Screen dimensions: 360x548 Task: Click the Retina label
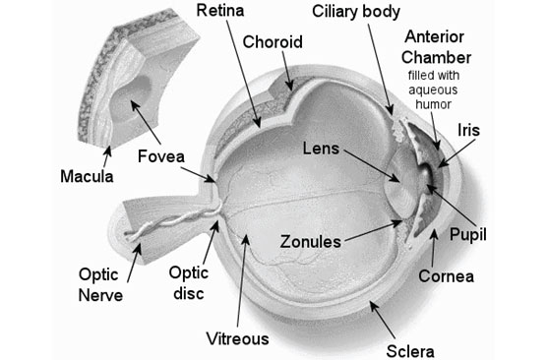[x=221, y=13]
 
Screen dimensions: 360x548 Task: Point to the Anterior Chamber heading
[x=440, y=46]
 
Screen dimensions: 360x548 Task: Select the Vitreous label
[x=236, y=339]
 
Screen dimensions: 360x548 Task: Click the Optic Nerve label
[x=101, y=282]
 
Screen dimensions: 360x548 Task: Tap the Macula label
[x=84, y=178]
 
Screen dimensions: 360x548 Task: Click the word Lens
[x=320, y=149]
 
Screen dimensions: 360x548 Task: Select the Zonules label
[x=311, y=240]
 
